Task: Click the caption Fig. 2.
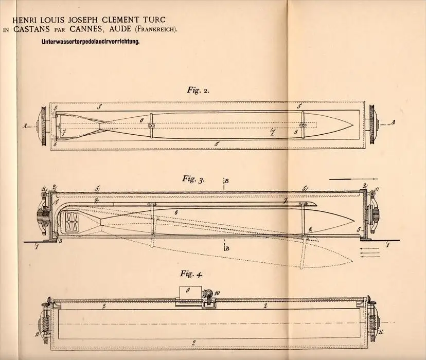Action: (198, 91)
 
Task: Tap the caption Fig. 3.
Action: (193, 179)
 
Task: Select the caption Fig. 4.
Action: (191, 274)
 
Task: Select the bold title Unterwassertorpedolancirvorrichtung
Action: (91, 42)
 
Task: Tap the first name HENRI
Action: (22, 20)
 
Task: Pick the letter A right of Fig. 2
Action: (392, 123)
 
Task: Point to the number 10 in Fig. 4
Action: (217, 293)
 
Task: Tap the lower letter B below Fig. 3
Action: (227, 248)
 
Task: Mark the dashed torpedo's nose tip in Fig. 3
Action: (352, 261)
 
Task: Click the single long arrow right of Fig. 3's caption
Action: (353, 179)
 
